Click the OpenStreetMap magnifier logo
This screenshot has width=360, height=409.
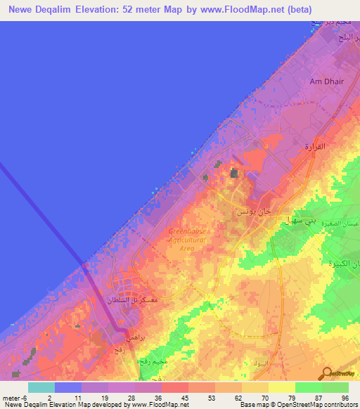tap(326, 373)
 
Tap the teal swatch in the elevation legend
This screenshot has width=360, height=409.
tap(41, 387)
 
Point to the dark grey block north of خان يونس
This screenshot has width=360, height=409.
tap(233, 172)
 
